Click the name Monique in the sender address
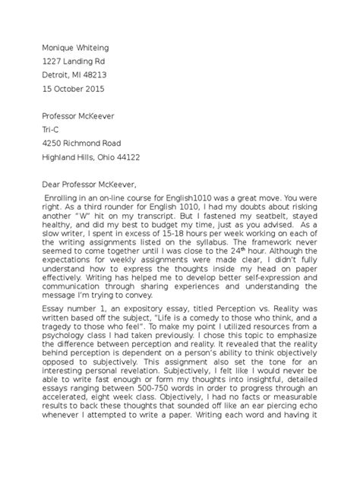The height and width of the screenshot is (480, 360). pos(59,45)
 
